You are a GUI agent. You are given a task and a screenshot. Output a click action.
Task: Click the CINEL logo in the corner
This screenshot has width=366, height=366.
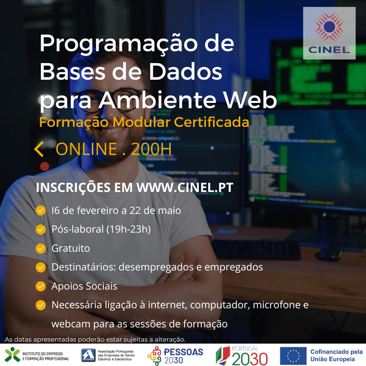point(329,33)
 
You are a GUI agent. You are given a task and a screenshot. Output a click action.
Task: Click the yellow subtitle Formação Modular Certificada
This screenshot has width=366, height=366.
point(144,122)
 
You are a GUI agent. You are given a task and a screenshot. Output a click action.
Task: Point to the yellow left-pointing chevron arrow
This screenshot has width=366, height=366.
point(39,149)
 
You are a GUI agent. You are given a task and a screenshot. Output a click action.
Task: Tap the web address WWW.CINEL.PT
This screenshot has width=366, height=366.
point(185,188)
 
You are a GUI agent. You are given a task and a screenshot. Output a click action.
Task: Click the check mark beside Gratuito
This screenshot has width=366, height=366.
point(41,248)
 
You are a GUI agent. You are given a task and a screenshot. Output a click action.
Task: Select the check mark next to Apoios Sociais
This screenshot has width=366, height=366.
point(41,286)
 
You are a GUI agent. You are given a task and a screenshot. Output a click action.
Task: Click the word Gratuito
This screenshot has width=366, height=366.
point(71,248)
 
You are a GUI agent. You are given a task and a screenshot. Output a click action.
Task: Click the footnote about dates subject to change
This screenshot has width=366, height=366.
point(95,339)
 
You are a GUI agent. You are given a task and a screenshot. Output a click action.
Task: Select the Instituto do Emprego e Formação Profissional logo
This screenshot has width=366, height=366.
point(37,355)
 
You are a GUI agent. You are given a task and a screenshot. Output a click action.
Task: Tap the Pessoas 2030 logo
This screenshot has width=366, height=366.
point(175,355)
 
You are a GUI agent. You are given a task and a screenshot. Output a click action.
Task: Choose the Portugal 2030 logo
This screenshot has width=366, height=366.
point(242,355)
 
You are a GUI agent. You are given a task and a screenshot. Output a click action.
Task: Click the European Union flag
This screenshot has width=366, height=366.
point(293,355)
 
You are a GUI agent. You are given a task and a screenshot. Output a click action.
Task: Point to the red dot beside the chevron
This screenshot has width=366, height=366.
point(45,166)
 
